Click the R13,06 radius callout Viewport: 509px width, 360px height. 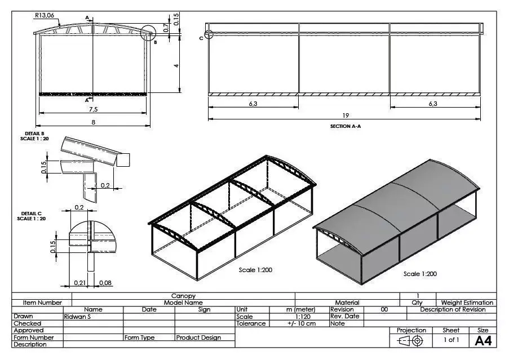[44, 16]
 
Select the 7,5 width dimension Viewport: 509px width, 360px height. [94, 109]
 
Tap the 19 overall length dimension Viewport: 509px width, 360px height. [345, 115]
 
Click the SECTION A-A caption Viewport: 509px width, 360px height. [345, 127]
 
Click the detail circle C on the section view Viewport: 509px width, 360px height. [209, 34]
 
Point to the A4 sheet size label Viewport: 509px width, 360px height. [483, 340]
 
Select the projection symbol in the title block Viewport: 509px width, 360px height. [411, 340]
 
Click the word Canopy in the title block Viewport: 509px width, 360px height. [183, 296]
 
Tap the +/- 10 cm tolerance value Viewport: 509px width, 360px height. [301, 323]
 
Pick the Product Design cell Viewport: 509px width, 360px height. [198, 337]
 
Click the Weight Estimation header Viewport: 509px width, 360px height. [467, 303]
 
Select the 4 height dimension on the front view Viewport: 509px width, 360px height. [176, 66]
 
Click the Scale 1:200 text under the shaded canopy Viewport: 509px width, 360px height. [420, 274]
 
